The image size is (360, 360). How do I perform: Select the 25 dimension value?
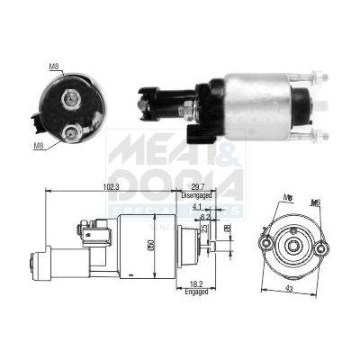click(203, 229)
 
